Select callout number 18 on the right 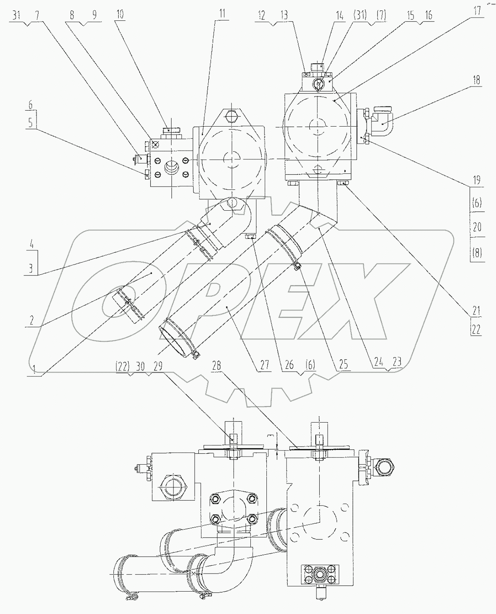[x=476, y=80]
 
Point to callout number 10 [x=120, y=14]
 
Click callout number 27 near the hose [x=265, y=365]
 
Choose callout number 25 [x=343, y=365]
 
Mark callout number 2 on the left [x=31, y=320]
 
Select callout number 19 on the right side [x=476, y=180]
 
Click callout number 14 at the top [x=339, y=16]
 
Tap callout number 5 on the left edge [x=31, y=123]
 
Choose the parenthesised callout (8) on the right [x=476, y=253]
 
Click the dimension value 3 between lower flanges [x=271, y=436]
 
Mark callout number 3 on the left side [x=31, y=268]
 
